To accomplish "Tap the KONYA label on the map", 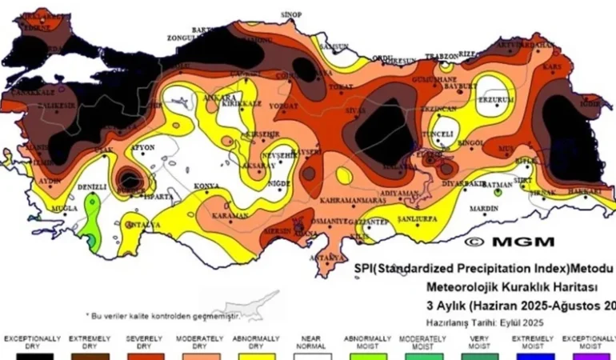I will (x=207, y=186).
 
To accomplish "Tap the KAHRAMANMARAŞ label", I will (x=347, y=199).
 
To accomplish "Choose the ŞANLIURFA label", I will (x=415, y=218).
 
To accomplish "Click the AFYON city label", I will (x=143, y=147).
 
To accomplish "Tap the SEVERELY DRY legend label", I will (x=144, y=342).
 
